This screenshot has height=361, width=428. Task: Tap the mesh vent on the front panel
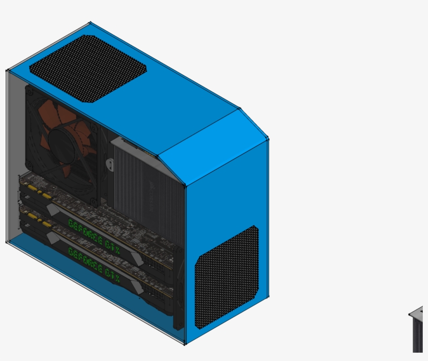click(227, 277)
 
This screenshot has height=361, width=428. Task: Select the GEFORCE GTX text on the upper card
click(94, 235)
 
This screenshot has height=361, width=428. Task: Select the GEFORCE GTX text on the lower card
click(94, 264)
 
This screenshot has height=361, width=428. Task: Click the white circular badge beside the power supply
click(110, 164)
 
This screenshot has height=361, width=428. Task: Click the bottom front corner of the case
click(185, 343)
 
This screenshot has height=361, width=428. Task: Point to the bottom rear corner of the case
click(7, 242)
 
